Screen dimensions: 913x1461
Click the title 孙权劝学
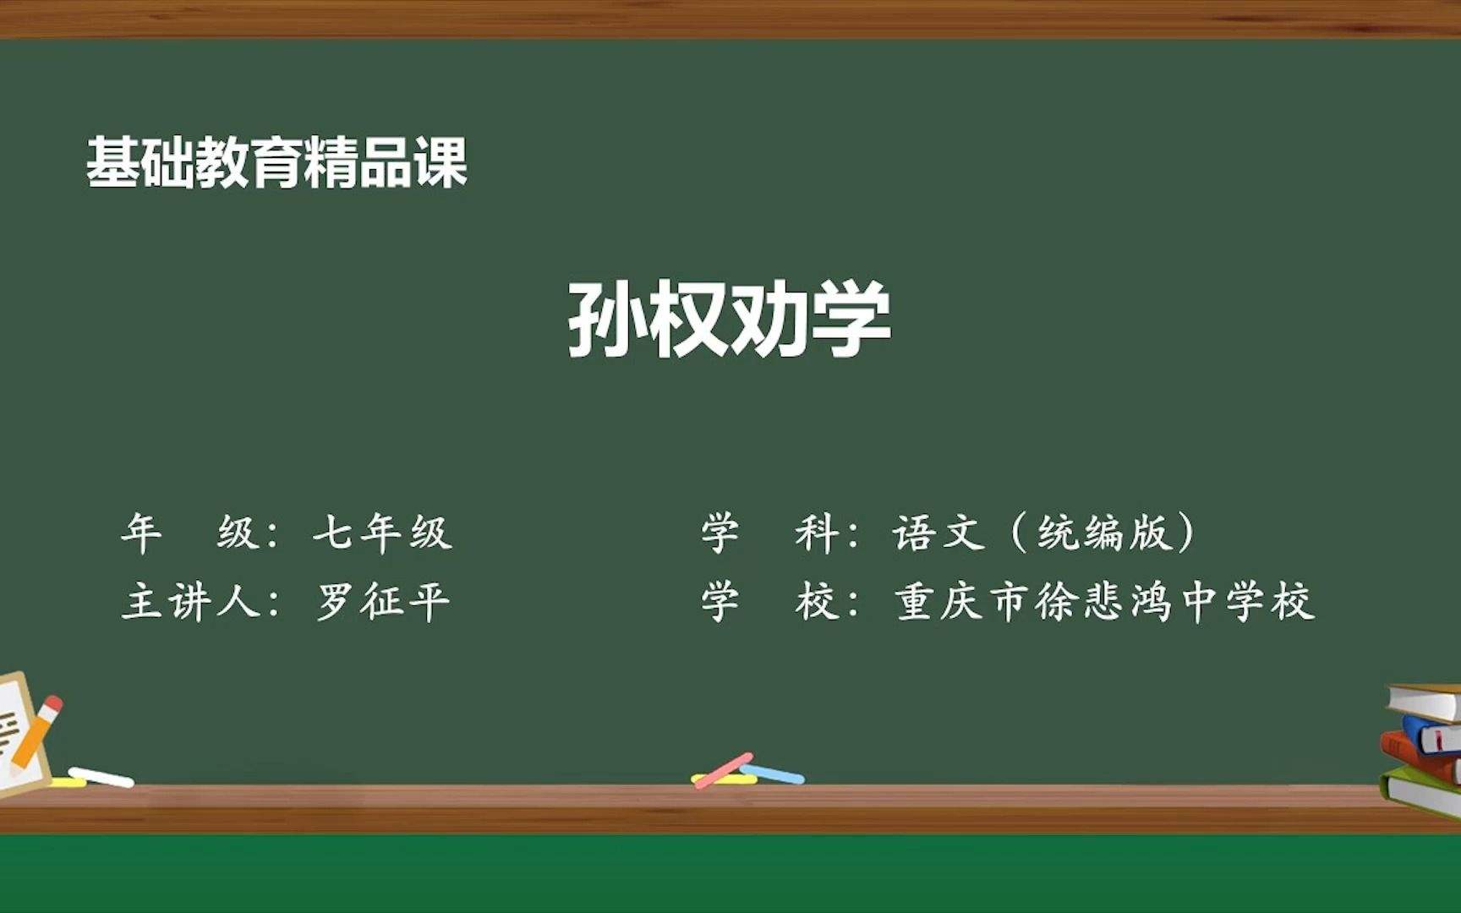730,319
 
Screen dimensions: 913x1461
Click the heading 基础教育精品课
276,161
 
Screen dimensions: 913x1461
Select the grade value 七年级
382,533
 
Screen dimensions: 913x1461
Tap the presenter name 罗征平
383,602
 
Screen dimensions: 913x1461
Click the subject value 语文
938,533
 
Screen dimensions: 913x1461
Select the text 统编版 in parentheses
1103,533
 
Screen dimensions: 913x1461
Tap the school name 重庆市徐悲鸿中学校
1104,602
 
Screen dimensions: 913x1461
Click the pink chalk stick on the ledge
723,770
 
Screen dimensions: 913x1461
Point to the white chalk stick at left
101,777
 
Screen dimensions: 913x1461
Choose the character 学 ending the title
852,319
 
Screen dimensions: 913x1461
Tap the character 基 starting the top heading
112,161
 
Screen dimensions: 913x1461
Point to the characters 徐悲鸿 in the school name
1104,602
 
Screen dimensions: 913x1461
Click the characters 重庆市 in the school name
962,602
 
